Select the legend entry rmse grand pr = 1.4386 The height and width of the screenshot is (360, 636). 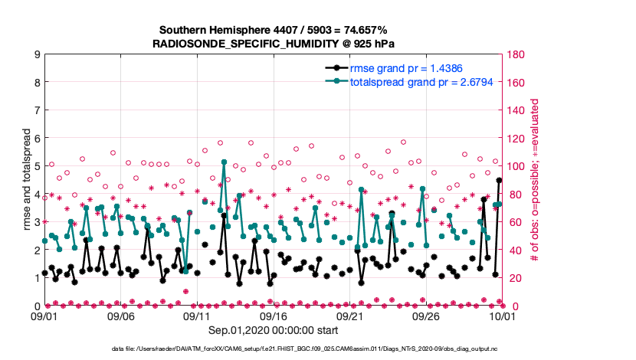coord(406,68)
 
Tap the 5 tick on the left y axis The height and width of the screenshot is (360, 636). coord(37,166)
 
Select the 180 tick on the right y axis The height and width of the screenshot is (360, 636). coord(515,54)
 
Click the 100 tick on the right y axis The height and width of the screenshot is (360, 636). coord(515,166)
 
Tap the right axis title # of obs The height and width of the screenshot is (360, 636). coord(535,180)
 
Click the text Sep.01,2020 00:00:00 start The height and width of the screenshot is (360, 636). coord(274,331)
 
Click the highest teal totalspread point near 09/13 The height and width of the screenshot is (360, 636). coord(224,162)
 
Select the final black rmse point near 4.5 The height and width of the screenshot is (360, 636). coord(499,181)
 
